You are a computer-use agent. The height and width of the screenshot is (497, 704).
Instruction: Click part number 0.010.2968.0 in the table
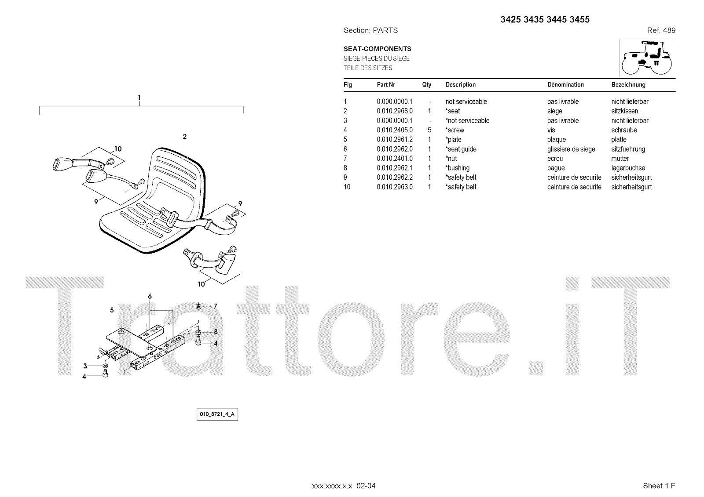pos(394,111)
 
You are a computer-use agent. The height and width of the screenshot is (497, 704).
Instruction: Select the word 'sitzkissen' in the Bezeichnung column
pos(624,111)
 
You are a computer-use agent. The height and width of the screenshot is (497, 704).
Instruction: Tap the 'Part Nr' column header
pos(386,85)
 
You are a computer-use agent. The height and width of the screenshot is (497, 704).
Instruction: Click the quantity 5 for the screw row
pos(429,130)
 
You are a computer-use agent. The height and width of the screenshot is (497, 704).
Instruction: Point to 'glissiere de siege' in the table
pos(571,149)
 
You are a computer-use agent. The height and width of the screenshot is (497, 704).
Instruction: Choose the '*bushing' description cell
pos(458,168)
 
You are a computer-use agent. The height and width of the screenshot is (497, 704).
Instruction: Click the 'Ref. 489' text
pos(661,30)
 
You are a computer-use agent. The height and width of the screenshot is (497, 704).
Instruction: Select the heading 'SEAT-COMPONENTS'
pos(377,49)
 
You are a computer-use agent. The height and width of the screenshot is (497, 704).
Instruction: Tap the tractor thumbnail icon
pos(647,58)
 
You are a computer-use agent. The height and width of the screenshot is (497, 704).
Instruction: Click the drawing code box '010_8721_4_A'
pos(217,414)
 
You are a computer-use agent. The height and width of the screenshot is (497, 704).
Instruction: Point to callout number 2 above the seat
pos(185,137)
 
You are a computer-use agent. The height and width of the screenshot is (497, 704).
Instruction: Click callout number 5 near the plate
pos(112,310)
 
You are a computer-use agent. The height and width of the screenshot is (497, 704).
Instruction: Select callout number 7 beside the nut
pos(215,306)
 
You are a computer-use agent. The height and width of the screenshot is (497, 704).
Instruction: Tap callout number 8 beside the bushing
pos(216,332)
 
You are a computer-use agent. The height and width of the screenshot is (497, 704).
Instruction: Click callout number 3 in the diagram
pos(85,366)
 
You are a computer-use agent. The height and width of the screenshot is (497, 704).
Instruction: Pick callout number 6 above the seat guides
pos(150,297)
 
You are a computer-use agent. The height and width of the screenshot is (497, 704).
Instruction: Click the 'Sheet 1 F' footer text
pos(659,486)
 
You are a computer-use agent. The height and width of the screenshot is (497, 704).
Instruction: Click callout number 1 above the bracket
pos(139,98)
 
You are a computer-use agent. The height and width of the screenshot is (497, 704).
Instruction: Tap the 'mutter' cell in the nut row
pos(620,159)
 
